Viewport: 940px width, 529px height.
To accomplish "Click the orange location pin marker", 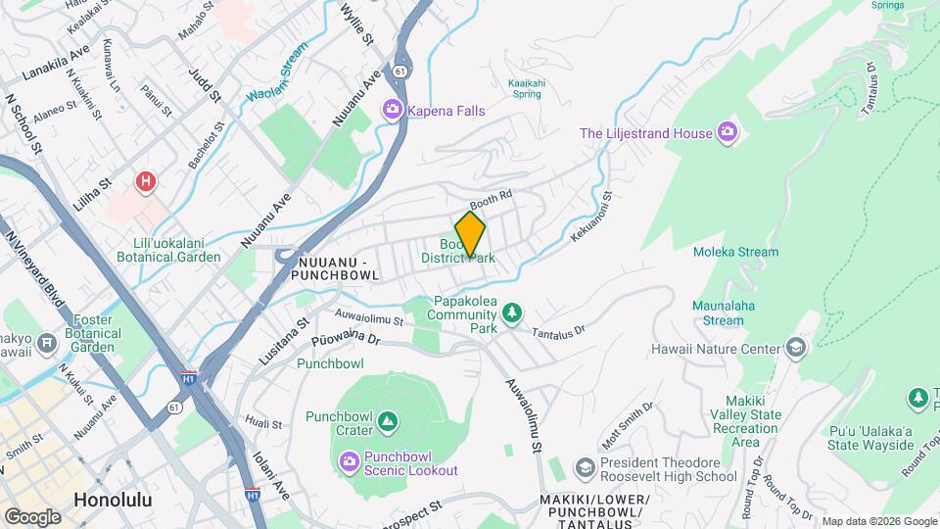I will pos(470,234).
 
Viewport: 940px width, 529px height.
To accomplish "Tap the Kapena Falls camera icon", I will pos(393,111).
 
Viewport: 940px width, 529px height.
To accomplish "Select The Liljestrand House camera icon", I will pos(727,132).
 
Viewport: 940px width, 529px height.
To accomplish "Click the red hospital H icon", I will pos(146,181).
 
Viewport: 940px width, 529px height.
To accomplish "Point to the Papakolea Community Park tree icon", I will pos(510,313).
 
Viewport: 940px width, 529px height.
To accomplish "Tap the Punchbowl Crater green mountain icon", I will pos(388,421).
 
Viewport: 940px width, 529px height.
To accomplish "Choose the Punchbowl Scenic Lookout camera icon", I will pos(350,460).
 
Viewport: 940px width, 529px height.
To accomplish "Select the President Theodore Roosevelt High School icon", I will pos(585,467).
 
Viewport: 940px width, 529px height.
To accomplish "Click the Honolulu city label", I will pos(113,500).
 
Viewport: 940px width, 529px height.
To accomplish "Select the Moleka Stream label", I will pos(735,252).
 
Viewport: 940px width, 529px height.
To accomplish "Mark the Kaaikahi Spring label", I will pos(526,89).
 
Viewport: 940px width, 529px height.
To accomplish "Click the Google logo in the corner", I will pos(32,515).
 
